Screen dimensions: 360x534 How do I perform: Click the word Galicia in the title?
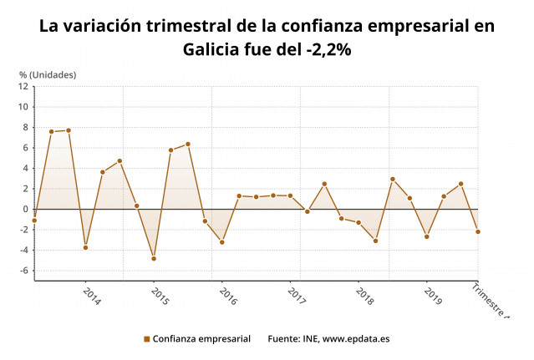coord(215,49)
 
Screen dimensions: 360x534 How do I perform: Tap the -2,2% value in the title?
coord(324,49)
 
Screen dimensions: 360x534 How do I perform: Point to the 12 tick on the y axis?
coord(24,86)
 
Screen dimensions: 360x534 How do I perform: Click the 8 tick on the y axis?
coord(26,127)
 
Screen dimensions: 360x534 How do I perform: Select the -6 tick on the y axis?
coord(24,271)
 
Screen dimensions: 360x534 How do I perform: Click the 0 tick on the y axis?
coord(26,209)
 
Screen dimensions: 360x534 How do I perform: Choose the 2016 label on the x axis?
coord(227,297)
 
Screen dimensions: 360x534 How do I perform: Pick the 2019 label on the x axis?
coord(433,297)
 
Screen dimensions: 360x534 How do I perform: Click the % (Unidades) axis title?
coord(48,74)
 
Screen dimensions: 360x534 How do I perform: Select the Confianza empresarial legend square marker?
coord(146,339)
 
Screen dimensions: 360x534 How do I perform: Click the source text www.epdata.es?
coord(356,339)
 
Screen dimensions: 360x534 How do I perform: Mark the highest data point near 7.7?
coord(69,130)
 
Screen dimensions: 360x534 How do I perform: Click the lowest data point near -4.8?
coord(154,258)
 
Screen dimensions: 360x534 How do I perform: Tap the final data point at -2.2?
coord(478,231)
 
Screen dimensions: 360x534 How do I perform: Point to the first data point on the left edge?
coord(34,221)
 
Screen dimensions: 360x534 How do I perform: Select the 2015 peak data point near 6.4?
coord(188,144)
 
